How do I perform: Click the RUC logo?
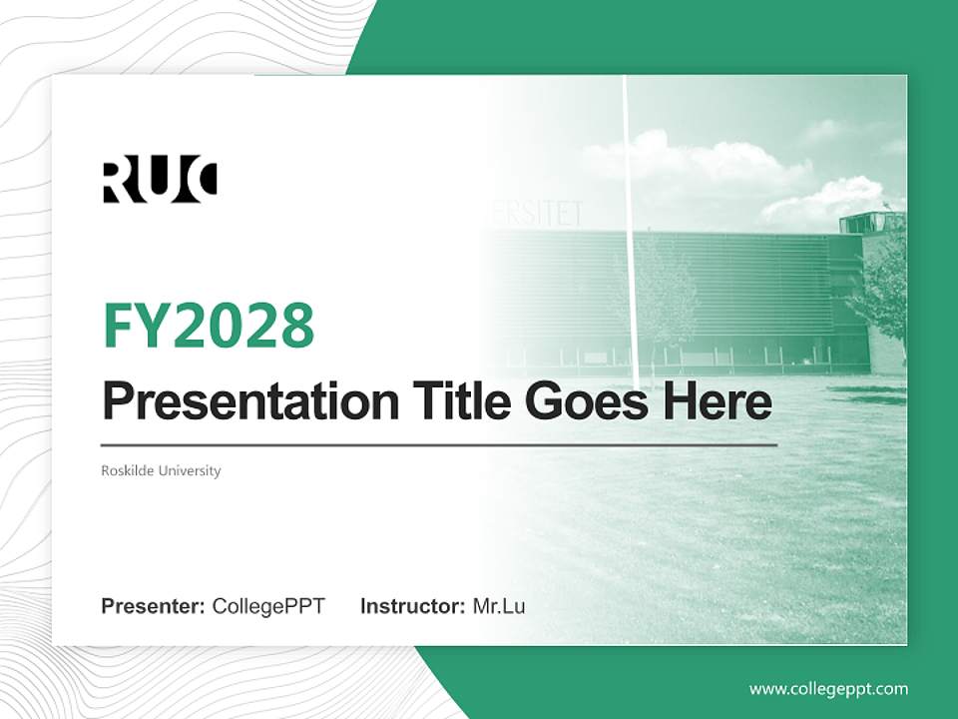[x=160, y=181]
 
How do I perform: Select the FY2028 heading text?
[x=209, y=326]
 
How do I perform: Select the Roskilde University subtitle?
[x=161, y=470]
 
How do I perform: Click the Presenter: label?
[x=154, y=606]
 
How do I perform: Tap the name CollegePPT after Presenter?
[x=268, y=606]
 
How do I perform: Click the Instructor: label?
[x=412, y=606]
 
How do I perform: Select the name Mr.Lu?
[x=499, y=606]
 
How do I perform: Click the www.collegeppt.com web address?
[x=828, y=689]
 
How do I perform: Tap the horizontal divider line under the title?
[x=439, y=444]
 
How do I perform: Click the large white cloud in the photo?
[x=699, y=165]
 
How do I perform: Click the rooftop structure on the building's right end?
[x=870, y=222]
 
